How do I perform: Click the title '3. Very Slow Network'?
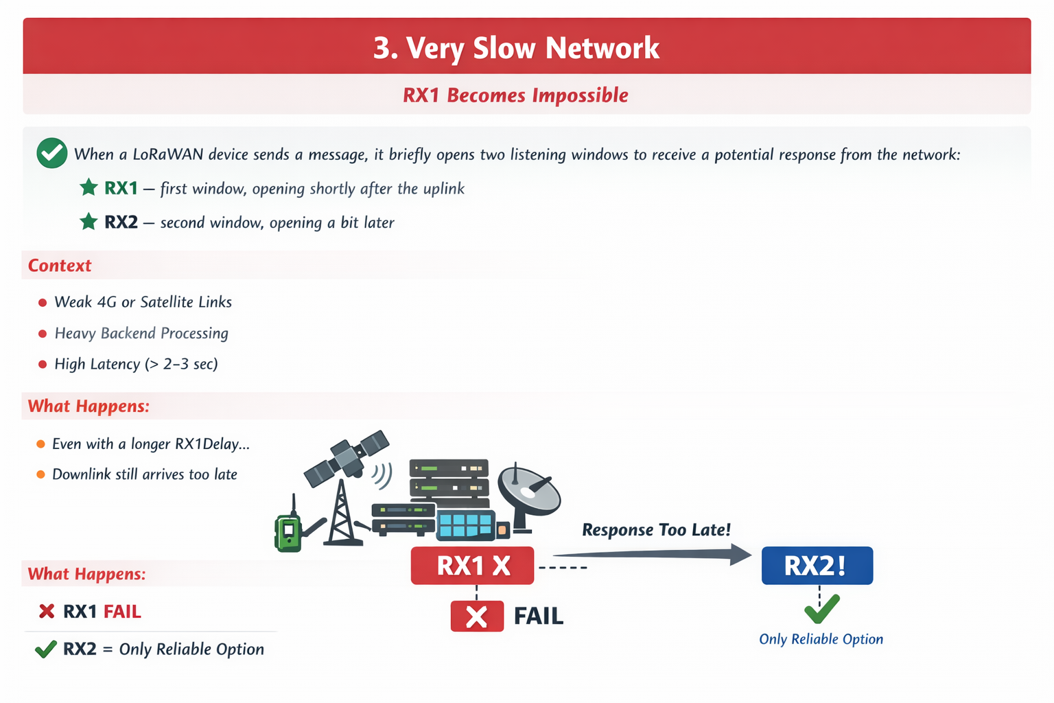[516, 48]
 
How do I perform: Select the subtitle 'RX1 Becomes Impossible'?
[515, 95]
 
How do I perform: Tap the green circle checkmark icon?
[51, 153]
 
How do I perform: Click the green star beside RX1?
[89, 187]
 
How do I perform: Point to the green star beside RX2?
[89, 222]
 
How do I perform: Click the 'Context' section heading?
[60, 266]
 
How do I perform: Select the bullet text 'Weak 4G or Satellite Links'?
[143, 302]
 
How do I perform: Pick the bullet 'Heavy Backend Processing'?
[141, 333]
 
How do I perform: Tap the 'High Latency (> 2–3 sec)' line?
[136, 364]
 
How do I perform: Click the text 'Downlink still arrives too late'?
[145, 474]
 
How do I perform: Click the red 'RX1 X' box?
[472, 566]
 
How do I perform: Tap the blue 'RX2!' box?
[817, 566]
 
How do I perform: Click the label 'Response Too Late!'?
[656, 530]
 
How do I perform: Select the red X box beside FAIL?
[477, 616]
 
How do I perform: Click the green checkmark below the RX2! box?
[821, 608]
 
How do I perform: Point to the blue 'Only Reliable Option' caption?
[821, 639]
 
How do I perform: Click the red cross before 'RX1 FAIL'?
[47, 611]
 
